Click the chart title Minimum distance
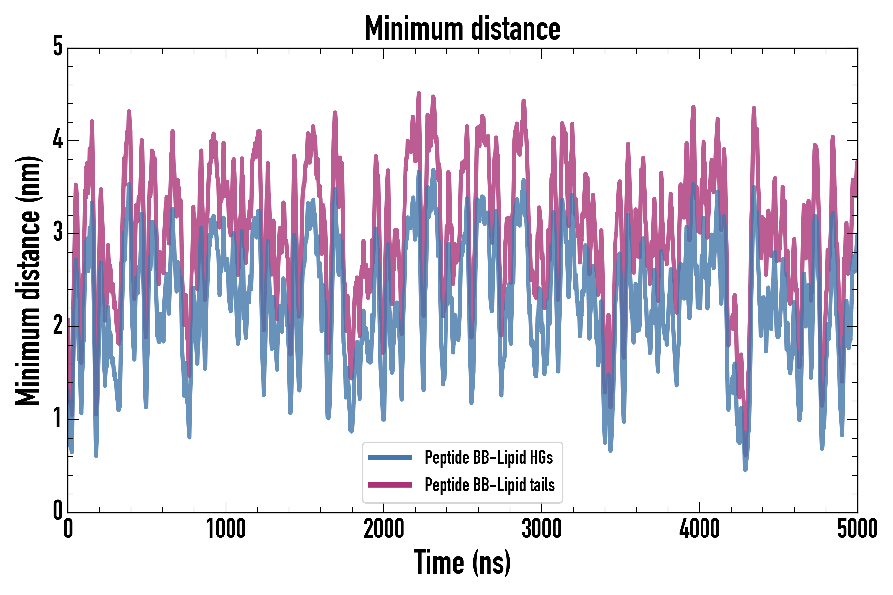(462, 28)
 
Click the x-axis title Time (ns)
(462, 562)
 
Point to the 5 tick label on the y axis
(58, 47)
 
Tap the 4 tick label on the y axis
(58, 139)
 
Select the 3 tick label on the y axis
(58, 232)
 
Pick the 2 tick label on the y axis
(58, 325)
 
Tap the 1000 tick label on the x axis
(226, 529)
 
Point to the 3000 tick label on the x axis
(541, 529)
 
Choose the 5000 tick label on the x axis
(857, 529)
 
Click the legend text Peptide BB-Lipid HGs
(489, 457)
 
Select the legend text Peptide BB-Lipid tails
(489, 485)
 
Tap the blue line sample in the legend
(390, 457)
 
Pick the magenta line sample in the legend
(390, 485)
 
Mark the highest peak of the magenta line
(419, 93)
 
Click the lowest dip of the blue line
(745, 469)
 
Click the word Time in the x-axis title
(439, 562)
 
